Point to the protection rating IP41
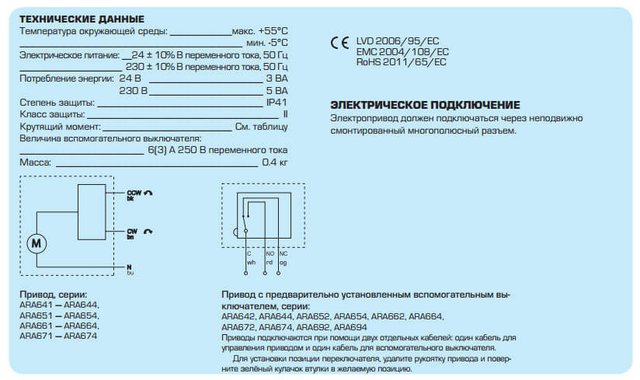click(277, 102)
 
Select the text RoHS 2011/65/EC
click(402, 61)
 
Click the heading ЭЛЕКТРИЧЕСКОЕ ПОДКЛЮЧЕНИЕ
click(425, 105)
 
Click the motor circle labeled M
click(37, 243)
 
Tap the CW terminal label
click(131, 231)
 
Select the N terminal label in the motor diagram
click(130, 267)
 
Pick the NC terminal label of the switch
click(283, 253)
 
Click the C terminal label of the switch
click(249, 253)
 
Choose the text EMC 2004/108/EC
click(402, 51)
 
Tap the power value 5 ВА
click(277, 90)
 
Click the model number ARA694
click(354, 327)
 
